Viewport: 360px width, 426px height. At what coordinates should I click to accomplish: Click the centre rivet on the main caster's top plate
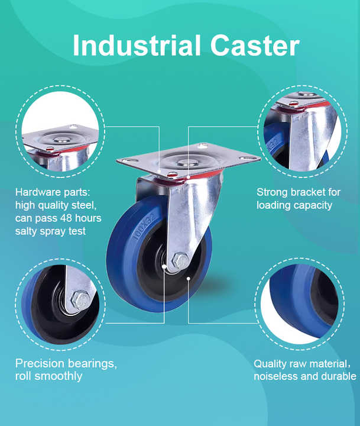[188, 162]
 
